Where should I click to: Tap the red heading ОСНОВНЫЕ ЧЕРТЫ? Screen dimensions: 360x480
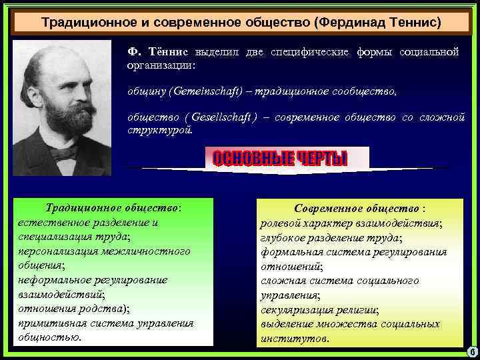pyautogui.click(x=280, y=159)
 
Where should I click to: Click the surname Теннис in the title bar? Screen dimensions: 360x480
pyautogui.click(x=413, y=23)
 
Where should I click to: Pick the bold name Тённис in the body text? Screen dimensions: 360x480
pyautogui.click(x=169, y=53)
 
